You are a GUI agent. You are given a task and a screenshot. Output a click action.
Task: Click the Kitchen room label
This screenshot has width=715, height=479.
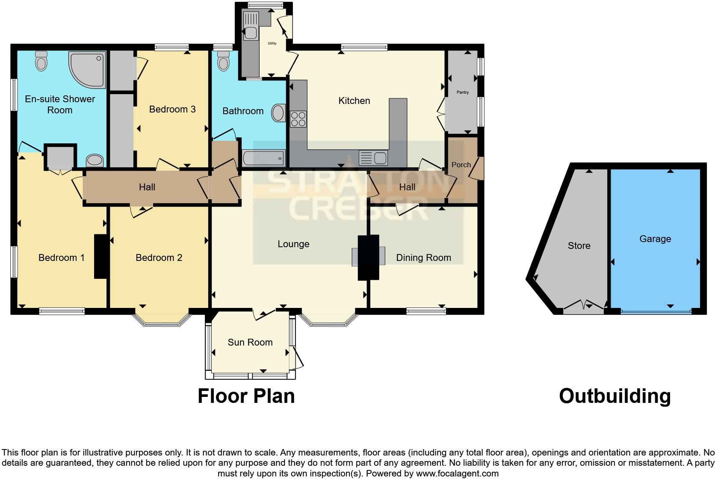tap(354, 101)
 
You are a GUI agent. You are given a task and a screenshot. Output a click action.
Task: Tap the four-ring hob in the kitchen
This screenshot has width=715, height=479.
tap(298, 119)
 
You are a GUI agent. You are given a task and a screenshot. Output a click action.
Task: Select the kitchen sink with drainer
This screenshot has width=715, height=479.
tap(373, 158)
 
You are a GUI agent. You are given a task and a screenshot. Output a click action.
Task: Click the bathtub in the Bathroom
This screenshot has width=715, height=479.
tap(263, 159)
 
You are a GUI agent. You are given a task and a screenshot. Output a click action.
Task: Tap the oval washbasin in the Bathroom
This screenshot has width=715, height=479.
tap(278, 113)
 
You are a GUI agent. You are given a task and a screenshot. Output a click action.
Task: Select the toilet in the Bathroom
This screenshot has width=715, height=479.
tap(224, 62)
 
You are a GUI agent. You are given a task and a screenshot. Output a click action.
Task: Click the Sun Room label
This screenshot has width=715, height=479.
tap(250, 343)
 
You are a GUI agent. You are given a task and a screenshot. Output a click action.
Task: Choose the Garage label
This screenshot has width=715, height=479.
tap(655, 239)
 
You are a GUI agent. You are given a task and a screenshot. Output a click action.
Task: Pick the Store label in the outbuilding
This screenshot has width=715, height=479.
tap(579, 246)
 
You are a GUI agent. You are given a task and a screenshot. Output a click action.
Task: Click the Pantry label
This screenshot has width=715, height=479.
tap(463, 92)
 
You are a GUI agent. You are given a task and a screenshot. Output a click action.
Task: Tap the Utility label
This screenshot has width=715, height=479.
tap(272, 43)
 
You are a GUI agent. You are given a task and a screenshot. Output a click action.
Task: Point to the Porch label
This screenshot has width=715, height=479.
tap(461, 165)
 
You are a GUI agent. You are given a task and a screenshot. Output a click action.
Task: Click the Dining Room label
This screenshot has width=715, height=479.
tap(423, 258)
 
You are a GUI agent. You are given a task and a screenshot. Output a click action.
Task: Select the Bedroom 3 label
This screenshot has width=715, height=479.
tap(172, 109)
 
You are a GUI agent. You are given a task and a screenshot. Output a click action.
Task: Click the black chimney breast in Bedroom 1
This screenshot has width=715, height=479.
tap(100, 257)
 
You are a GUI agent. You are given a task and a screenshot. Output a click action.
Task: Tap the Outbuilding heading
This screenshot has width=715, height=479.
tap(615, 396)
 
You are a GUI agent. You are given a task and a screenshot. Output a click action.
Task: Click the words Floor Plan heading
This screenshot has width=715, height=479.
tap(246, 396)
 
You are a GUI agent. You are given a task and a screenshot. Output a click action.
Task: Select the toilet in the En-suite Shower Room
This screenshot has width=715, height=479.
tap(41, 61)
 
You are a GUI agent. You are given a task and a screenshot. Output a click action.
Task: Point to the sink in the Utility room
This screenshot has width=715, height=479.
tap(250, 33)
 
